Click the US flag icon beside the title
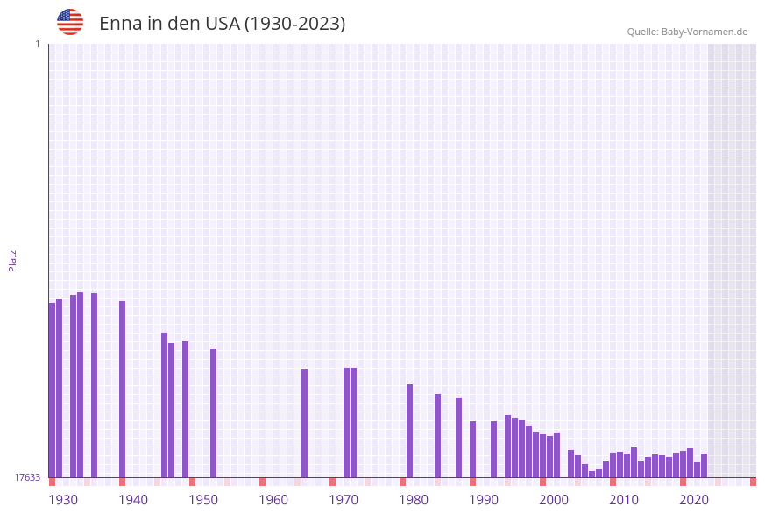[x=70, y=22]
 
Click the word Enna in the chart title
[x=118, y=24]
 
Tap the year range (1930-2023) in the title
[x=294, y=24]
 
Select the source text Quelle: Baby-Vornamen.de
[x=687, y=32]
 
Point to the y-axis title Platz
[x=13, y=260]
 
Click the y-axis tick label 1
[x=37, y=45]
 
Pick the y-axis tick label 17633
[x=26, y=477]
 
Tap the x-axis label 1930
[x=63, y=499]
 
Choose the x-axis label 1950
[x=203, y=499]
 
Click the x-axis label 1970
[x=344, y=499]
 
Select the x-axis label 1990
[x=484, y=499]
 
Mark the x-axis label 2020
[x=694, y=499]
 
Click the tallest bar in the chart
[x=81, y=385]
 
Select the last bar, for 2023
[x=704, y=465]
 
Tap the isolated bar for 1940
[x=122, y=390]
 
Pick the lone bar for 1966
[x=304, y=423]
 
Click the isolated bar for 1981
[x=409, y=431]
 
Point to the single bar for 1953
[x=213, y=412]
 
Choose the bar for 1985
[x=437, y=435]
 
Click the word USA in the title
[x=222, y=24]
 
